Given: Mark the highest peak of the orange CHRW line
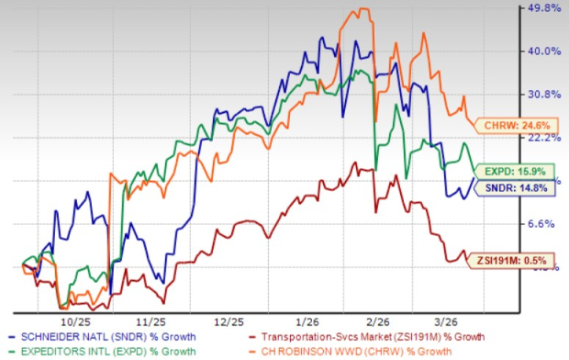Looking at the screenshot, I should (x=364, y=9).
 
